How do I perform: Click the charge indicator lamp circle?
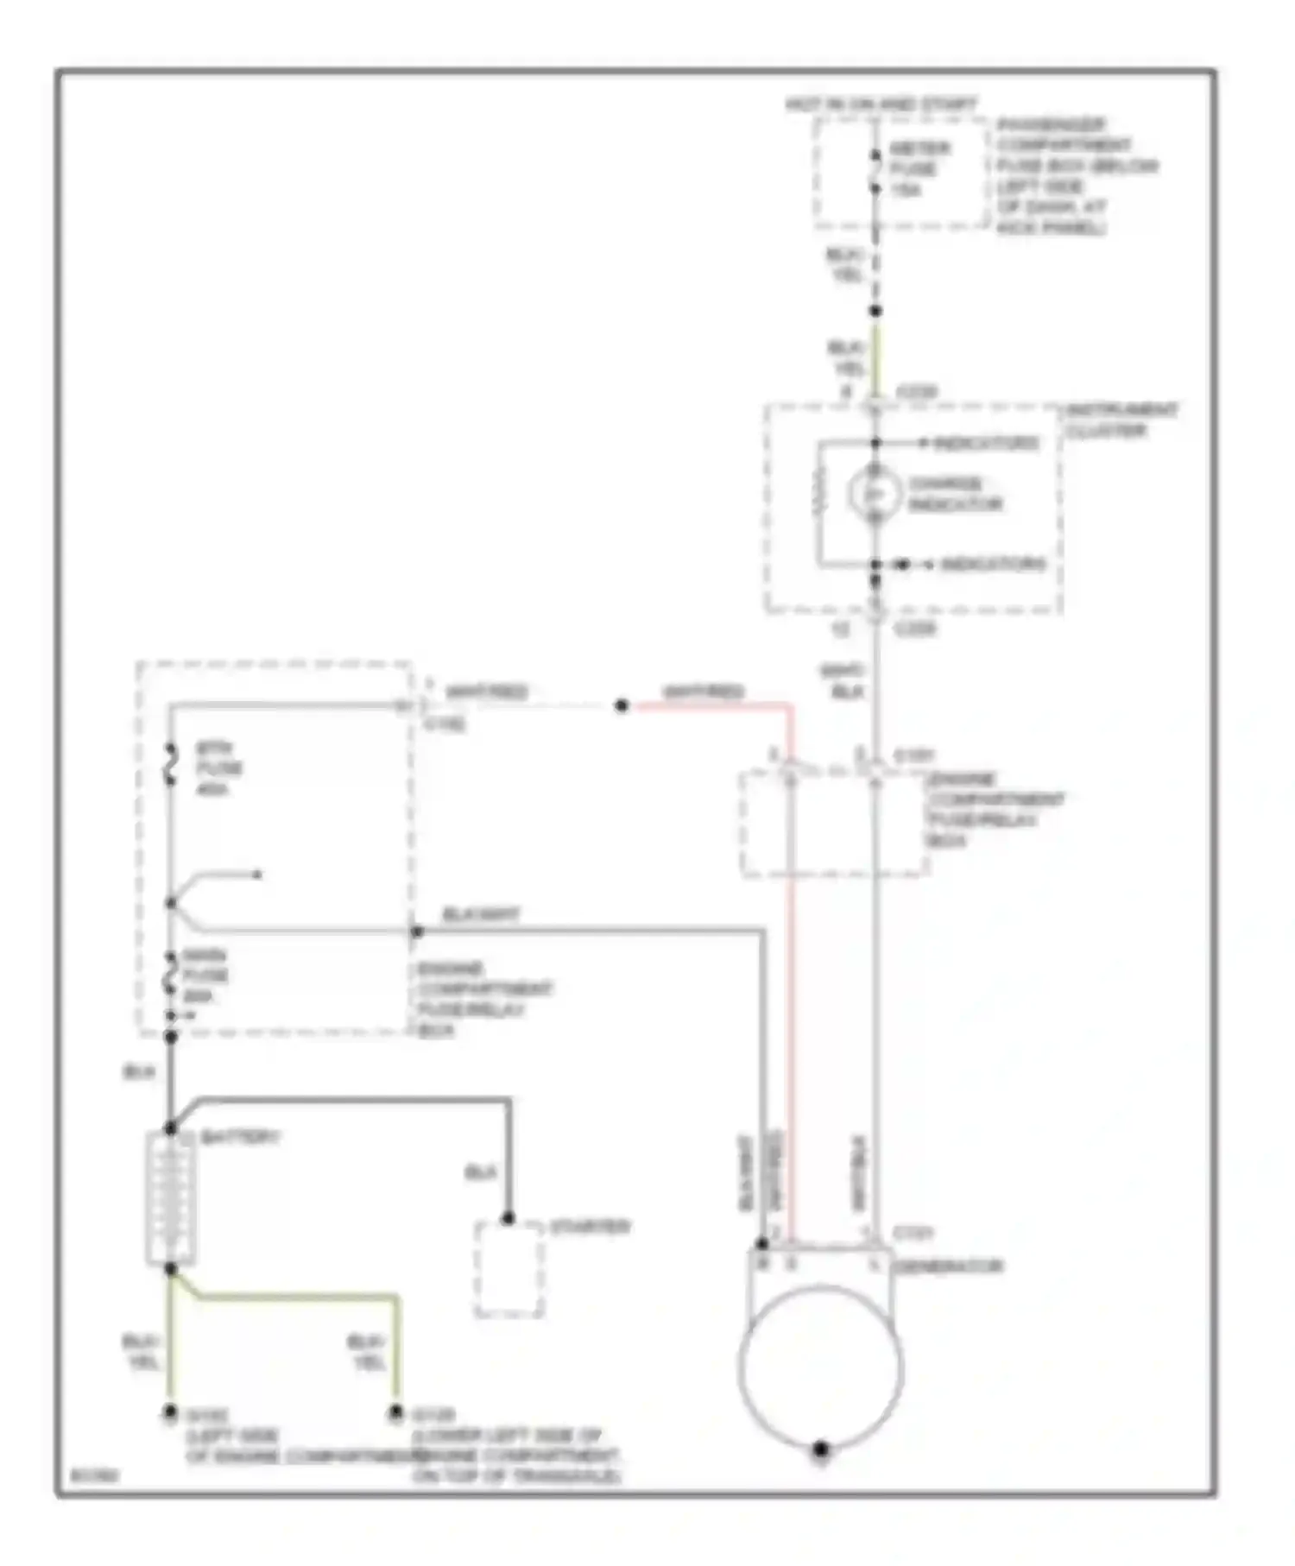[x=874, y=493]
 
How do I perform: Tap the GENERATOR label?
[x=948, y=1266]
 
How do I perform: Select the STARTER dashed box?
[x=509, y=1269]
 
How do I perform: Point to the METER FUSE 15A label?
[x=919, y=168]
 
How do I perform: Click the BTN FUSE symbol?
[x=171, y=767]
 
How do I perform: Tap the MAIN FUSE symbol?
[x=171, y=976]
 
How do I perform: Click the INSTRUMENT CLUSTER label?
[x=1120, y=420]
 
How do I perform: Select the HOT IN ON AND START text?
[x=880, y=104]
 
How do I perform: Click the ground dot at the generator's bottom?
[x=820, y=1449]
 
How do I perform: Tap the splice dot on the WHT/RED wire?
[x=621, y=705]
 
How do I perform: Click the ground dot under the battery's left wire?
[x=170, y=1413]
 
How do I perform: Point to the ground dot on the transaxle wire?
[x=395, y=1413]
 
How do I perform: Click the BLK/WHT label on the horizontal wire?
[x=480, y=914]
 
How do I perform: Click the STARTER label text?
[x=591, y=1227]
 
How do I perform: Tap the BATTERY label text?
[x=239, y=1138]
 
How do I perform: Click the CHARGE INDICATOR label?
[x=953, y=494]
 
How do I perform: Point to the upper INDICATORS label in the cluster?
[x=985, y=443]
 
